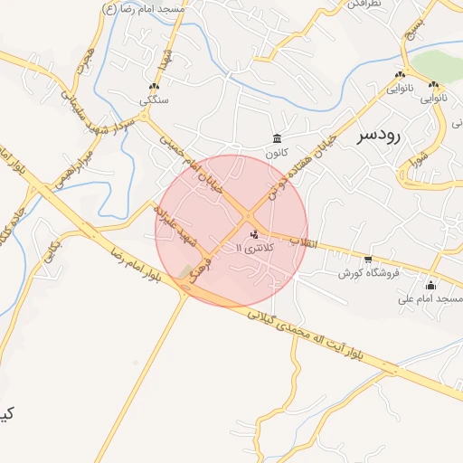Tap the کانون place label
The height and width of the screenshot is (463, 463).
point(276,154)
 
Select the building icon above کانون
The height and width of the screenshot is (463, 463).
point(277,138)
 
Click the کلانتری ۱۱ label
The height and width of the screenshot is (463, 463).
point(251,248)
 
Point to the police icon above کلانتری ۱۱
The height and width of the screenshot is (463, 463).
point(252,234)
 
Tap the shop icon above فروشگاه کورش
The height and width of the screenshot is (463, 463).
point(368,260)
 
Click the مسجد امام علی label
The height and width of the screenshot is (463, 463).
point(437,298)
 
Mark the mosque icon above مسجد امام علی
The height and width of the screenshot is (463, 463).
point(430,285)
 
